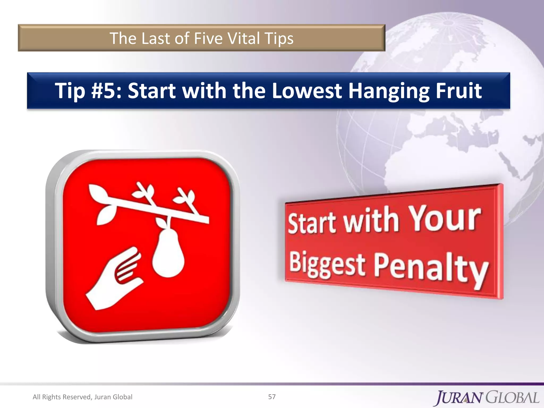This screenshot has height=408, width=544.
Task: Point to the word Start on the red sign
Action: tap(312, 223)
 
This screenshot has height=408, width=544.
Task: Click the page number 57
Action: tap(272, 397)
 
